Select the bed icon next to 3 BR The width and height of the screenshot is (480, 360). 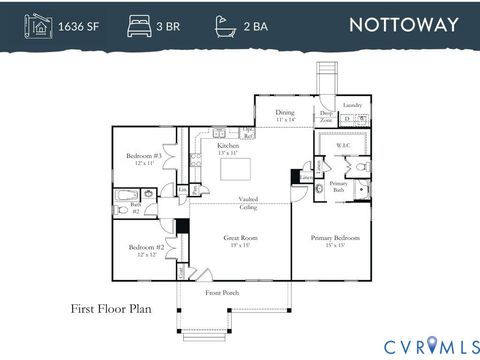136,24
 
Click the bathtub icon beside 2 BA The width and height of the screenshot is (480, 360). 225,24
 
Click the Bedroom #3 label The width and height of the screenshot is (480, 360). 143,158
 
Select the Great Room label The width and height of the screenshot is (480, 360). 240,240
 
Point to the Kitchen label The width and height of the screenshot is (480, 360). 229,148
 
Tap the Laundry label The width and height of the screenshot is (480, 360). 352,105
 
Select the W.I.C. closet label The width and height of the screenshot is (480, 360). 342,146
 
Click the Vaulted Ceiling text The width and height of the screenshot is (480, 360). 247,203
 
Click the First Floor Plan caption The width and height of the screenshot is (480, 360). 110,309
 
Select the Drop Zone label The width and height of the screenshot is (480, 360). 326,117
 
